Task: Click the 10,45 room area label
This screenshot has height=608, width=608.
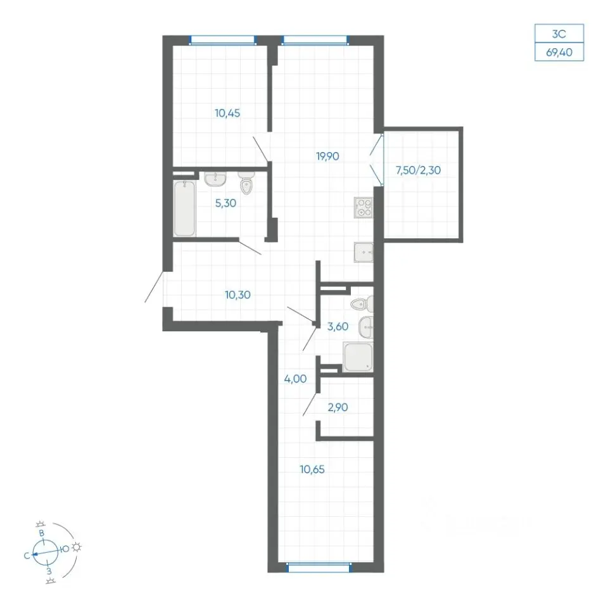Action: (227, 113)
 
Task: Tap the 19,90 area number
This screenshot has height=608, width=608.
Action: (327, 156)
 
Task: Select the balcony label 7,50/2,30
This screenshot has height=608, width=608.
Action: (418, 170)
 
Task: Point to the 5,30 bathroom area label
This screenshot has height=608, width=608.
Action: (225, 203)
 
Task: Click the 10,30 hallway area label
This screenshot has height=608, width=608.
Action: (237, 295)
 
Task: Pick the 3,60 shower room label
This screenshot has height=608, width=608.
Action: (338, 327)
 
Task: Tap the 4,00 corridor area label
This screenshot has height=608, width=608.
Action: (296, 379)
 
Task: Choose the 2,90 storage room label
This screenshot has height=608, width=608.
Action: (338, 407)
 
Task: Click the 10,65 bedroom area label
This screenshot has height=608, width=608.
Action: (312, 469)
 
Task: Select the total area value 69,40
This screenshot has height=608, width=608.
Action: (559, 53)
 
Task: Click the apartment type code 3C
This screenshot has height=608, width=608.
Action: (559, 34)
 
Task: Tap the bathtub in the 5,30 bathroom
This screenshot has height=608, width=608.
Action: (184, 208)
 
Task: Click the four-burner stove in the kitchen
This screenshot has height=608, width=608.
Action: (364, 208)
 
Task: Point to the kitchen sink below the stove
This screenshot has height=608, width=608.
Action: (364, 253)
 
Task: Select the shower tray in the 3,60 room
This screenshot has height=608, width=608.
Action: (358, 357)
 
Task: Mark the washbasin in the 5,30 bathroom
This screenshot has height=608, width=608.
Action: (215, 179)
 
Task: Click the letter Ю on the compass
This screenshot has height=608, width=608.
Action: (65, 548)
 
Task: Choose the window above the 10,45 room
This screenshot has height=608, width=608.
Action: (223, 41)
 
